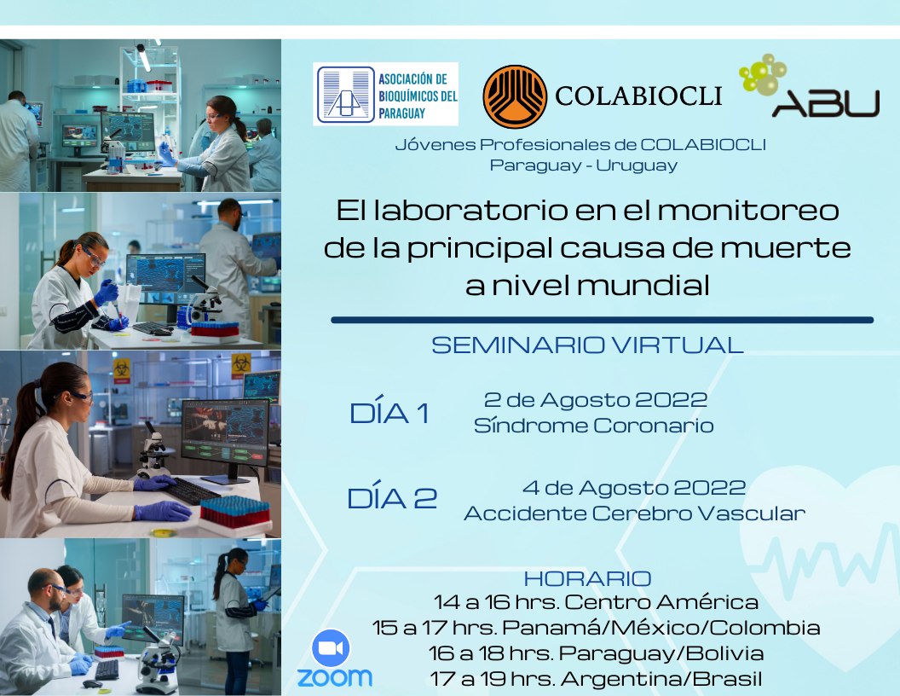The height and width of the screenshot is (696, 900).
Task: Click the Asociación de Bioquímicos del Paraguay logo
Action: [x=385, y=94]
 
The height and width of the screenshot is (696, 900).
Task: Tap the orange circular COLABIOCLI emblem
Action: [x=515, y=96]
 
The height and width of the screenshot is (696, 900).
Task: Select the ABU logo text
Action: [x=825, y=102]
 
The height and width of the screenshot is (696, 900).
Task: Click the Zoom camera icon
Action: [x=332, y=649]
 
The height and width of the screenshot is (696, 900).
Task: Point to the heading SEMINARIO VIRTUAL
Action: [x=587, y=345]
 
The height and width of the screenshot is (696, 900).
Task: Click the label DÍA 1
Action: [x=389, y=414]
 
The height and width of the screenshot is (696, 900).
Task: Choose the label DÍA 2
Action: [x=392, y=498]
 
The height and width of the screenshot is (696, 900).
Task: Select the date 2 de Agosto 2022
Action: [x=595, y=399]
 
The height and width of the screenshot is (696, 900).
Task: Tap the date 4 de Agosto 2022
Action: [x=633, y=488]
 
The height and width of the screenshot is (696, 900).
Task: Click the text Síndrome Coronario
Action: [x=594, y=425]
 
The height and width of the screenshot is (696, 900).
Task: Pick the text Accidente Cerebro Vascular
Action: [x=634, y=513]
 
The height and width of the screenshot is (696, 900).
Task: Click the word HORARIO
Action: [x=587, y=579]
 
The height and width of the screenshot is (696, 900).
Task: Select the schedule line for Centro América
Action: [x=596, y=603]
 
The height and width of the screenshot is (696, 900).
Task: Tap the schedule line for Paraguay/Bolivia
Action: [x=596, y=653]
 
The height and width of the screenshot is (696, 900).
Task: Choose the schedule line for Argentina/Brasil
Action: [x=596, y=679]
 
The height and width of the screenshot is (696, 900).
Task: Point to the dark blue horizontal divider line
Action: [x=602, y=320]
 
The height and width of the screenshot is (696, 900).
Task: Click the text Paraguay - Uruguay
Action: [x=584, y=165]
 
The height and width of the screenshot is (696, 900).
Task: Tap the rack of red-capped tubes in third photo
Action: [x=235, y=511]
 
